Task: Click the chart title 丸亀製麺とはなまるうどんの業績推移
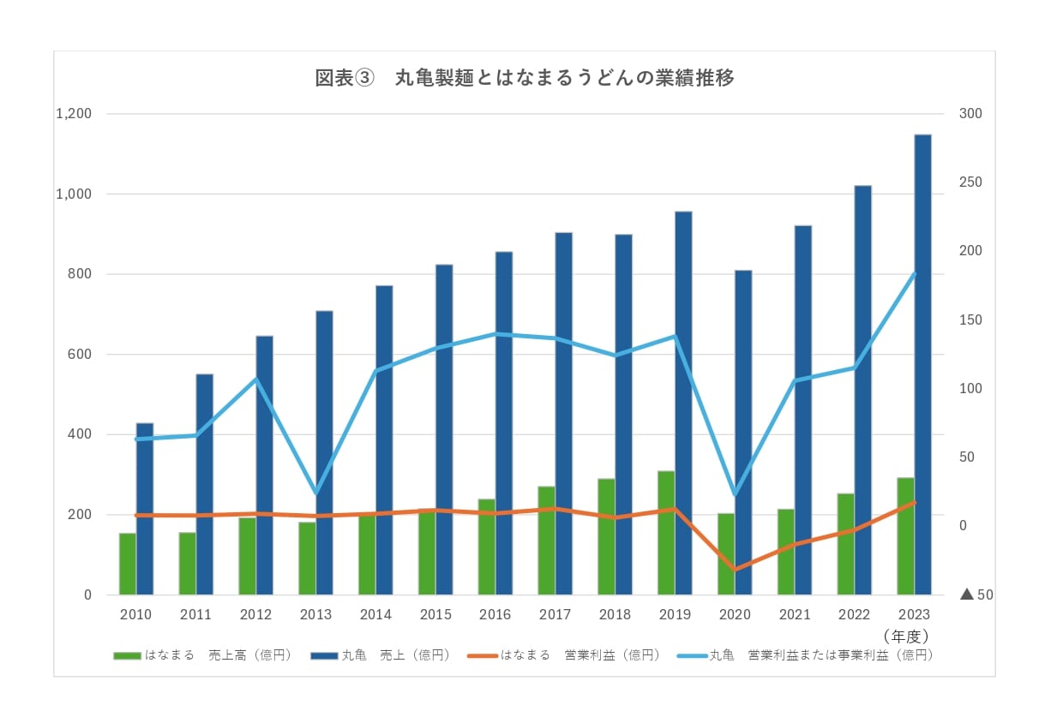525,78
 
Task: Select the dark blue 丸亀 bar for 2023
922,364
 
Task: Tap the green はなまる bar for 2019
666,533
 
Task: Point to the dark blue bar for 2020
743,433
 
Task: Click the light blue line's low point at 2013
315,493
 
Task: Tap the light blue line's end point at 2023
914,273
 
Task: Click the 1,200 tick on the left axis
74,114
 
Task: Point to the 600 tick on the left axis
81,355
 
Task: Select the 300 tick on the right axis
971,114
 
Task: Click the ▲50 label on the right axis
976,595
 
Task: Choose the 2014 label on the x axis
375,615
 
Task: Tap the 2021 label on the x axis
795,615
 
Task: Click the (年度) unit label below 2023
905,636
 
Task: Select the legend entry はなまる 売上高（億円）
203,655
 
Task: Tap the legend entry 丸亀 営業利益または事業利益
805,655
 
